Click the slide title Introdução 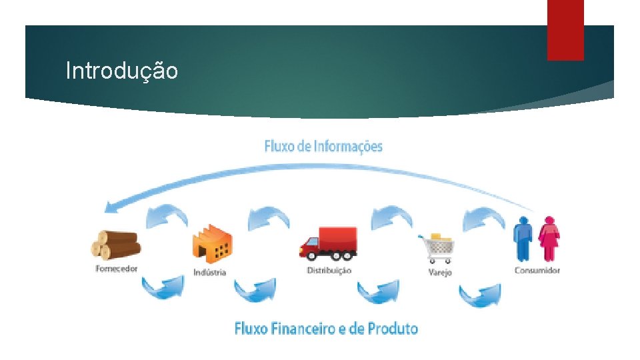tap(121, 71)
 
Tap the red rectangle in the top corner tap(565, 29)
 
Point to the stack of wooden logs tap(115, 245)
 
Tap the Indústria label tap(210, 272)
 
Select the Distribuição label tap(329, 270)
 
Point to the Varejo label tap(440, 272)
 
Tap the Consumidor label tap(537, 270)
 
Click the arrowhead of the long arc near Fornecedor tap(108, 207)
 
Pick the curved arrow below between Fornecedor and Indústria tap(161, 288)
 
